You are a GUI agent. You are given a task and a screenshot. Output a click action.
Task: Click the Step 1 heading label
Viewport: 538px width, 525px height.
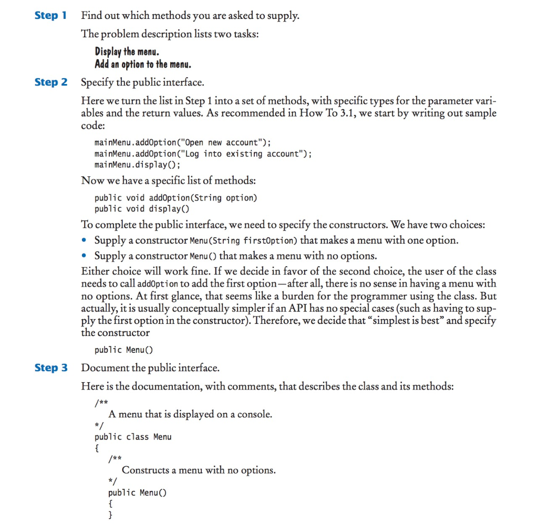tap(50, 15)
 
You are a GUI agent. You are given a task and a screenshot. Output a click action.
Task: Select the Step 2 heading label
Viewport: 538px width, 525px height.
tap(50, 82)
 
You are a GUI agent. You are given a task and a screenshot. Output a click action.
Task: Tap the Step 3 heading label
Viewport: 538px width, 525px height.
tap(50, 367)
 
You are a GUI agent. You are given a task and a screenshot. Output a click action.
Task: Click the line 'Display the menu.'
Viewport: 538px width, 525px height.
tap(127, 51)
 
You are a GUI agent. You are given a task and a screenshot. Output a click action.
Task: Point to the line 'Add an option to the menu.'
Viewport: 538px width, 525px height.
tap(143, 65)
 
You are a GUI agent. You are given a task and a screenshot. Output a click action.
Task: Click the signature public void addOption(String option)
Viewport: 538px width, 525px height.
tap(175, 198)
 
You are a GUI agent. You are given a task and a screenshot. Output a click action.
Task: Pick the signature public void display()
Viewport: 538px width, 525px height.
tap(141, 209)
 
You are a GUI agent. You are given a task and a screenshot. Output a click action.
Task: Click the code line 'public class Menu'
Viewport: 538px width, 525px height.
tap(133, 437)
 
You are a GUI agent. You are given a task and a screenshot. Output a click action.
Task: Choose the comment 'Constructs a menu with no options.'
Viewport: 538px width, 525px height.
tap(199, 470)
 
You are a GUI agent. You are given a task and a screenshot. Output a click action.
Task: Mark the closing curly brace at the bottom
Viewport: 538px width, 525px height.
tap(110, 516)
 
